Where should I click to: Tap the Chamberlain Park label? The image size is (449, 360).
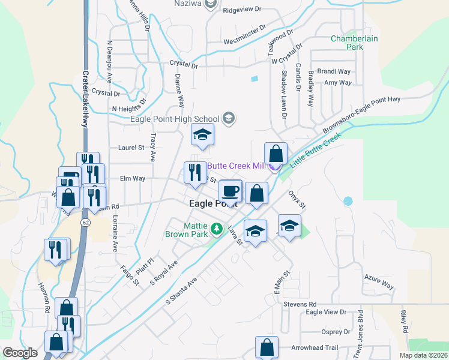(355, 43)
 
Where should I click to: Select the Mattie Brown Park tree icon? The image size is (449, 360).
(217, 229)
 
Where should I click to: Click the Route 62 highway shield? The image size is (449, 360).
(86, 223)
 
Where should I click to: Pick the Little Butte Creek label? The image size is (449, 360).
(315, 150)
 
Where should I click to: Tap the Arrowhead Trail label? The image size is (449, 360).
(316, 348)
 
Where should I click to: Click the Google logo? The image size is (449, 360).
(20, 353)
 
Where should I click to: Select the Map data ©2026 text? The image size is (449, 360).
(423, 355)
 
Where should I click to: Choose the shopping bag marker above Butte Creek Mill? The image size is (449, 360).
(276, 154)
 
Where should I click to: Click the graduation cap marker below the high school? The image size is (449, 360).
(203, 136)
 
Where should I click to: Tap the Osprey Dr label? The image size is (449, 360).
(336, 332)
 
